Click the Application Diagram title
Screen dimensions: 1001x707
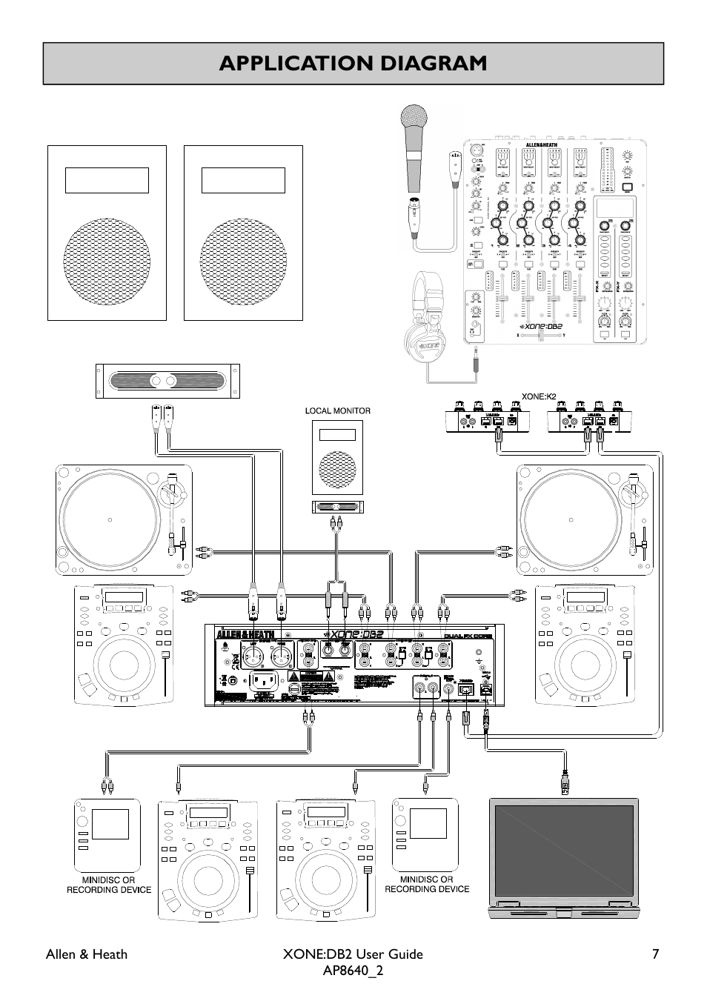click(x=353, y=64)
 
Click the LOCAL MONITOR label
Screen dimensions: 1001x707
click(x=338, y=410)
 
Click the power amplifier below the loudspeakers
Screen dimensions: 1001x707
click(x=168, y=381)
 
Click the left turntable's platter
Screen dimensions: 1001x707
click(x=109, y=519)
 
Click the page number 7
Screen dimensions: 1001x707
click(x=655, y=954)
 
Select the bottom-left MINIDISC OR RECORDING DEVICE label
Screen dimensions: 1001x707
click(x=109, y=885)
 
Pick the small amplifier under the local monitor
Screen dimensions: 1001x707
click(x=337, y=508)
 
